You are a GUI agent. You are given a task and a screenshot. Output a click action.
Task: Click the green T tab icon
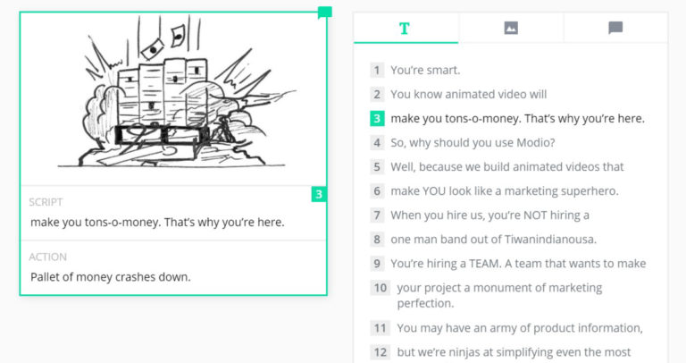pos(405,28)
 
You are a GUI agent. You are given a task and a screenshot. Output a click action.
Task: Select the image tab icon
pos(511,28)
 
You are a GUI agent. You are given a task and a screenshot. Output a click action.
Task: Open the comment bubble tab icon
pos(615,28)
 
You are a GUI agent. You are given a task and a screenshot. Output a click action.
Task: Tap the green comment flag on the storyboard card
pos(325,13)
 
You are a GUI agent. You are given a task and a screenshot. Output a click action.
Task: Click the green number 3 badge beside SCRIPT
pos(319,194)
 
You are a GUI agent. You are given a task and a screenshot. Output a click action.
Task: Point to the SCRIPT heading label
pos(46,202)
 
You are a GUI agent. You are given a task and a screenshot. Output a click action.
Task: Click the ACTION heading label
pos(48,257)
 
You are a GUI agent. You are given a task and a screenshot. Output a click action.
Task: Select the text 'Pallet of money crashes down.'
pos(111,276)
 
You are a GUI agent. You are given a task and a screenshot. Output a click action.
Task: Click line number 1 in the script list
pos(378,70)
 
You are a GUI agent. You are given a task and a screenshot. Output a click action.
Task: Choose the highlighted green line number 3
pos(378,118)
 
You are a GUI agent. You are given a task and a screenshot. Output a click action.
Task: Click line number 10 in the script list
pos(381,288)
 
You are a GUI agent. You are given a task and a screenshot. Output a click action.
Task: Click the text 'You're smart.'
pos(425,70)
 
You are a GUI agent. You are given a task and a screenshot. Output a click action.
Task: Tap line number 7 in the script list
pos(378,215)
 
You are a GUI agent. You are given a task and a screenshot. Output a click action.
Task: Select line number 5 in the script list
pos(378,166)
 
